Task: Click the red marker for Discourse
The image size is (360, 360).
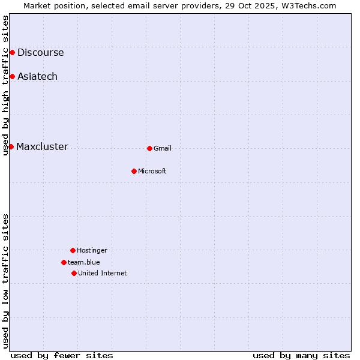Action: coord(12,53)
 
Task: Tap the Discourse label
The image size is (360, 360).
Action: coord(40,53)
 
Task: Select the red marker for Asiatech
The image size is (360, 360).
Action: coord(12,76)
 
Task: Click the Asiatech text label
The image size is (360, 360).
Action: coord(37,77)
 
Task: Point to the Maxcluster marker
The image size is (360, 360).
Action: coord(11,146)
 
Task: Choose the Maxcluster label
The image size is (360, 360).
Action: coord(42,147)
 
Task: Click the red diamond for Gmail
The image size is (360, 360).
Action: coord(149,148)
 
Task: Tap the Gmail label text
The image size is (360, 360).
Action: coord(163,149)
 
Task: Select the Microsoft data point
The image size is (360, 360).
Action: coord(134,171)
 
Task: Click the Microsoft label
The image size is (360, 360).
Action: coord(152,172)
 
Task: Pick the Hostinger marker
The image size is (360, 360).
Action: coord(73,250)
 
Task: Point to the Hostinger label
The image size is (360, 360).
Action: coord(92,251)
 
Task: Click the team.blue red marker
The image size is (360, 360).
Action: coord(64,262)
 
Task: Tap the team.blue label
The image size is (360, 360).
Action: coord(84,262)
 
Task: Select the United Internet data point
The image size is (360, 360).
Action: coord(74,273)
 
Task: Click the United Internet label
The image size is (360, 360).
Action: coord(103,274)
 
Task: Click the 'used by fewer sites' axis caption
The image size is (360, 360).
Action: coord(62,355)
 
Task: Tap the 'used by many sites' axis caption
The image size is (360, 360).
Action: coord(301,355)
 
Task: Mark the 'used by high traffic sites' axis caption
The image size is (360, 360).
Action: coord(5,85)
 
